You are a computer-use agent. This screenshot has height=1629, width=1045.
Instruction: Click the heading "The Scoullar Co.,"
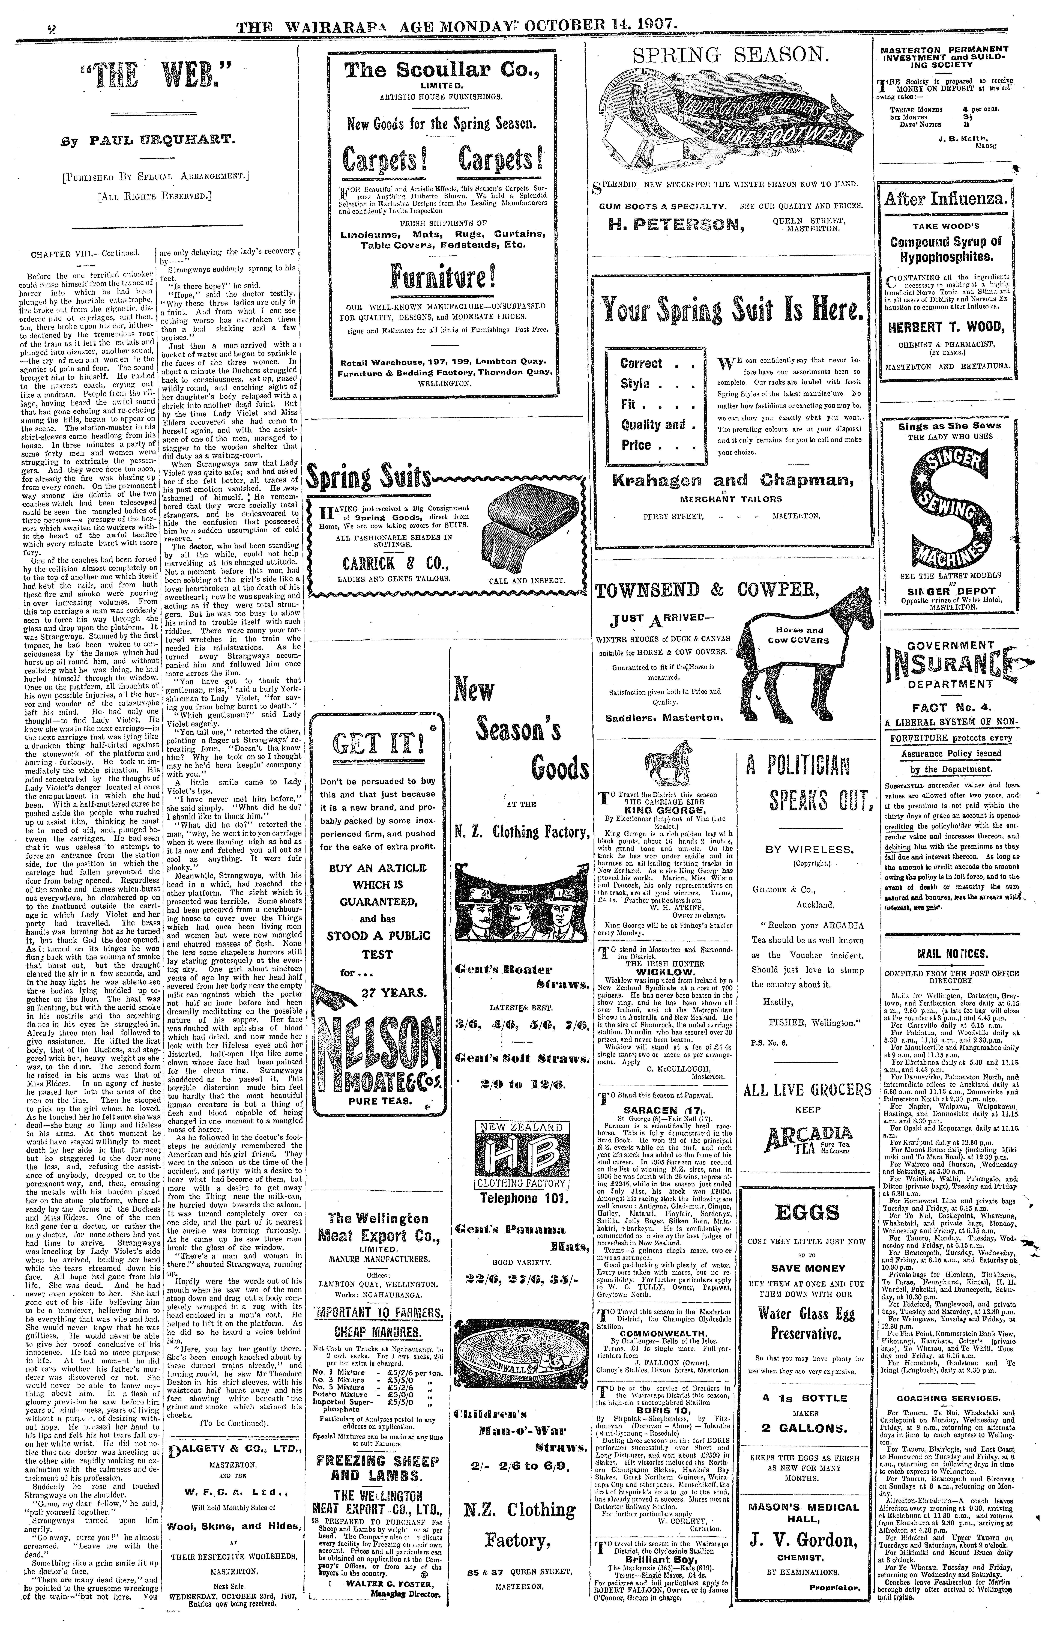(441, 71)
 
